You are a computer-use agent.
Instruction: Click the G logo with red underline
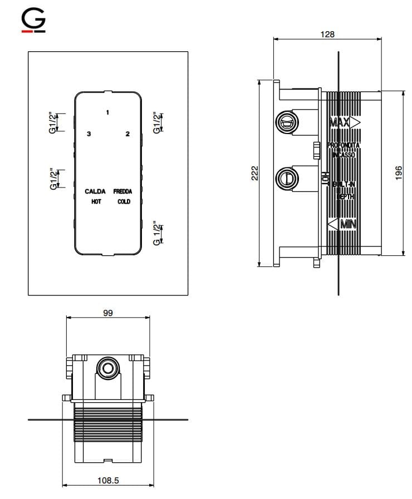click(33, 22)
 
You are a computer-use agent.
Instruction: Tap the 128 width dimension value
click(328, 34)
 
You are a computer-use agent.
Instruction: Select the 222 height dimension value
click(253, 173)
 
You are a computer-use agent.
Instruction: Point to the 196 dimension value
click(398, 173)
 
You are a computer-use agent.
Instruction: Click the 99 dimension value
click(108, 313)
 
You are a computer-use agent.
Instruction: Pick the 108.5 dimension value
click(108, 481)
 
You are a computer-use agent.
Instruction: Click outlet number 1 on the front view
click(107, 112)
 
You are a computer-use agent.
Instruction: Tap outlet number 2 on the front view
click(127, 134)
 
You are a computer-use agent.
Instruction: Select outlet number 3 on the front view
click(89, 134)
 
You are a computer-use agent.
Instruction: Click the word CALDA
click(95, 191)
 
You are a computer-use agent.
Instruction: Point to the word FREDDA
click(122, 191)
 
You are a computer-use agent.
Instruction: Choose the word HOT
click(96, 201)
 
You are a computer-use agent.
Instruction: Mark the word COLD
click(124, 201)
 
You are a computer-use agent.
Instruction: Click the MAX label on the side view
click(340, 122)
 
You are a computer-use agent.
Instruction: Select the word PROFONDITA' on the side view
click(344, 145)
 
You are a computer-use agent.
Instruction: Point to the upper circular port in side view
click(287, 122)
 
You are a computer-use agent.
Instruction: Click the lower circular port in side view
click(287, 179)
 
